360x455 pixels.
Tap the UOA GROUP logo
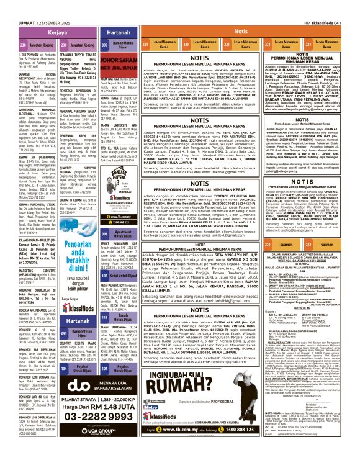pyautogui.click(x=114, y=446)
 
